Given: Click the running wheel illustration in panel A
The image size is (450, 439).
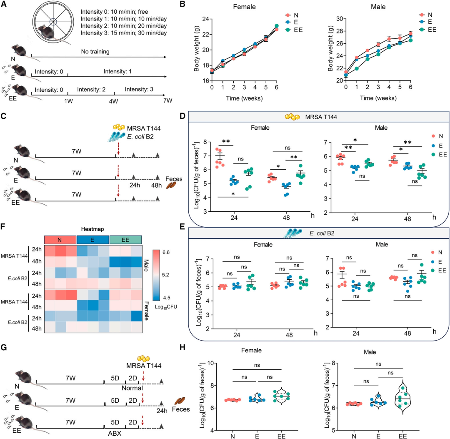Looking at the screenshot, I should click(54, 20).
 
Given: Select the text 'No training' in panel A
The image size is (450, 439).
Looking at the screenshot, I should click(93, 52).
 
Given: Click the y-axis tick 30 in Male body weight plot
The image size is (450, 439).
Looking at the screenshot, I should click(339, 20).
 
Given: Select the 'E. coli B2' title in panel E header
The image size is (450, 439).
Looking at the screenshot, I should click(321, 233).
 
